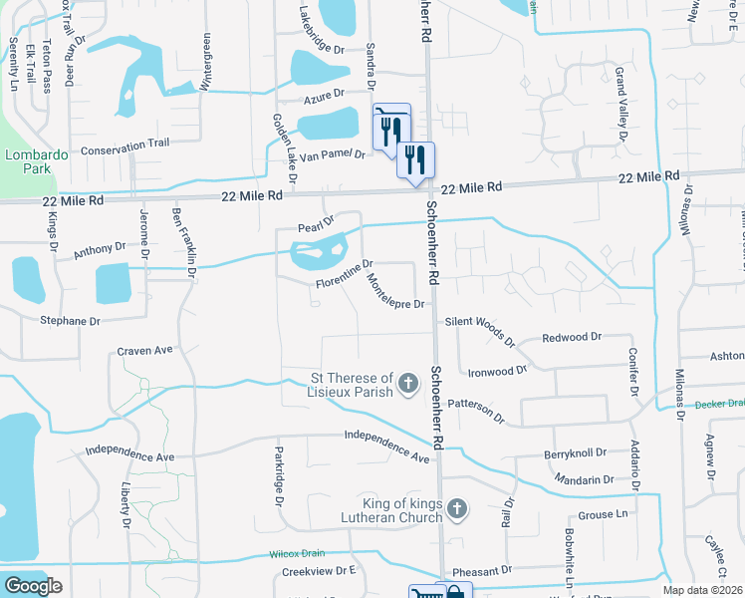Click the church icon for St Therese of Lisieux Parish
pyautogui.click(x=407, y=383)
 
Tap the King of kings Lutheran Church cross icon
pyautogui.click(x=456, y=510)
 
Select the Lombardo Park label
pyautogui.click(x=27, y=162)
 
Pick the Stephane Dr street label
pyautogui.click(x=70, y=321)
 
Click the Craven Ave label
pyautogui.click(x=144, y=350)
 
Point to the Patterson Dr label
pyautogui.click(x=477, y=410)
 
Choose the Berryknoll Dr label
pyautogui.click(x=576, y=453)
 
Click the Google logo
pyautogui.click(x=34, y=585)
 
